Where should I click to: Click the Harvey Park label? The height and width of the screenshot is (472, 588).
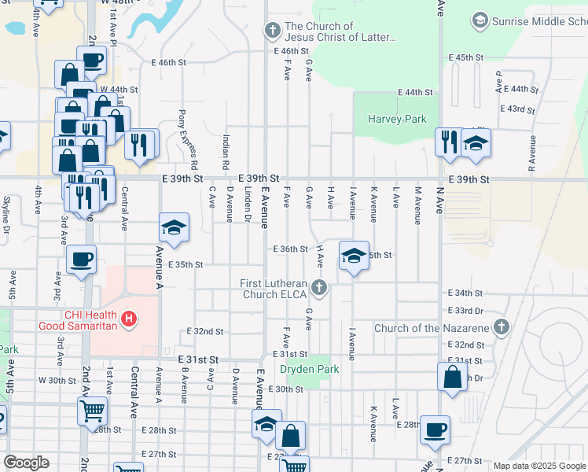[x=397, y=120]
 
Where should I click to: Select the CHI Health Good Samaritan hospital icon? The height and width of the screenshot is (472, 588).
[x=130, y=319]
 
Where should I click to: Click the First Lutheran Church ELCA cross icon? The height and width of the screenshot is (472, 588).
[x=319, y=288]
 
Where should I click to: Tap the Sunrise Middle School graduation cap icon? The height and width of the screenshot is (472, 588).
[x=480, y=20]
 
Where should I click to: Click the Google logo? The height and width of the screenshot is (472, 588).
[x=26, y=463]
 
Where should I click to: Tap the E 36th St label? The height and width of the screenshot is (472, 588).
[x=290, y=249]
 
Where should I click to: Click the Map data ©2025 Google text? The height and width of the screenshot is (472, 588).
[x=538, y=466]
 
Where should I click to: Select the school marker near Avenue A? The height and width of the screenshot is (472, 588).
[x=174, y=228]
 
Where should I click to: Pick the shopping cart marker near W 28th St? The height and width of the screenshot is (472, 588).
[x=92, y=410]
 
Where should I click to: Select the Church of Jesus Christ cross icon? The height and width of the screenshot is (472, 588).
[x=272, y=31]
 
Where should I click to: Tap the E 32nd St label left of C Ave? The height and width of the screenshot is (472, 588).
[x=205, y=332]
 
